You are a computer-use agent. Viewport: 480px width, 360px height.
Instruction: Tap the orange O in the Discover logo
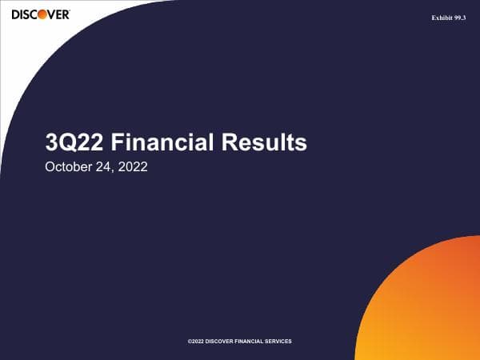[x=37, y=14]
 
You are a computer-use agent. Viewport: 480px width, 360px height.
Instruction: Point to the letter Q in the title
[x=65, y=143]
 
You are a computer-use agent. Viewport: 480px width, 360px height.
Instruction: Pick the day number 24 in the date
[x=106, y=169]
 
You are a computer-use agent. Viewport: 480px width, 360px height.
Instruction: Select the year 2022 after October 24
[x=132, y=169]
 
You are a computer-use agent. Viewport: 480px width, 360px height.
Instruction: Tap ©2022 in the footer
[x=196, y=341]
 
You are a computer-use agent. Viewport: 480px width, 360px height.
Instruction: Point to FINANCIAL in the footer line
[x=255, y=341]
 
